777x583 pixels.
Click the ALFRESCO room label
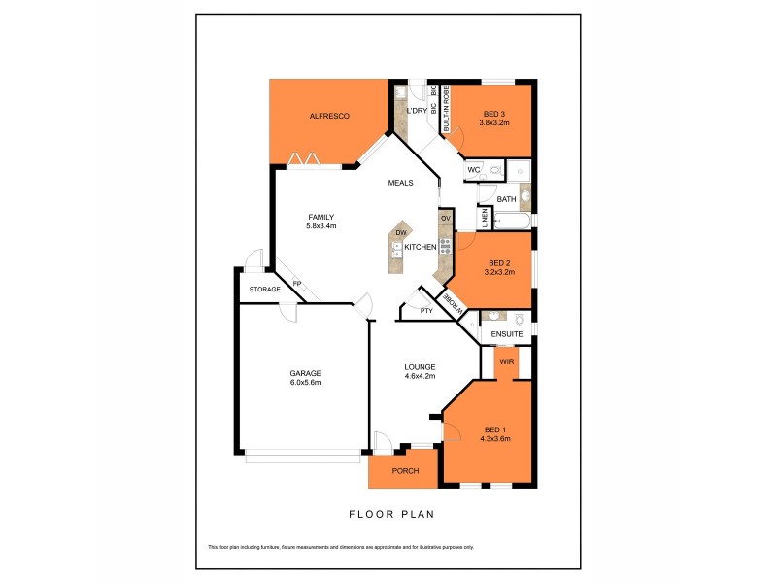pos(328,116)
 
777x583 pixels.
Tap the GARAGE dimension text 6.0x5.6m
pos(305,383)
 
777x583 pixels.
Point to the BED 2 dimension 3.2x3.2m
pos(499,272)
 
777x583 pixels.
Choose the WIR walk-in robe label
pos(506,361)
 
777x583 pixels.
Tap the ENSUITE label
pos(507,334)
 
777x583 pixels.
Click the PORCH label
pos(404,471)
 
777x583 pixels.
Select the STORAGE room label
pos(264,290)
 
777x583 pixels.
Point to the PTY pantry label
pos(426,310)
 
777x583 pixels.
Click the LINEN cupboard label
pos(483,220)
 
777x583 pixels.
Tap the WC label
pos(474,170)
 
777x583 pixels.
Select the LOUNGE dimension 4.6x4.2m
pos(420,376)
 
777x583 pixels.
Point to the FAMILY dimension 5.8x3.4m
pos(321,226)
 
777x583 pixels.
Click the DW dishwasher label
pos(400,233)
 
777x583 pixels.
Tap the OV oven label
pos(445,218)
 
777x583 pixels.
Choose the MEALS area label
pos(401,182)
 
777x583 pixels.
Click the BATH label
pos(506,199)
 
